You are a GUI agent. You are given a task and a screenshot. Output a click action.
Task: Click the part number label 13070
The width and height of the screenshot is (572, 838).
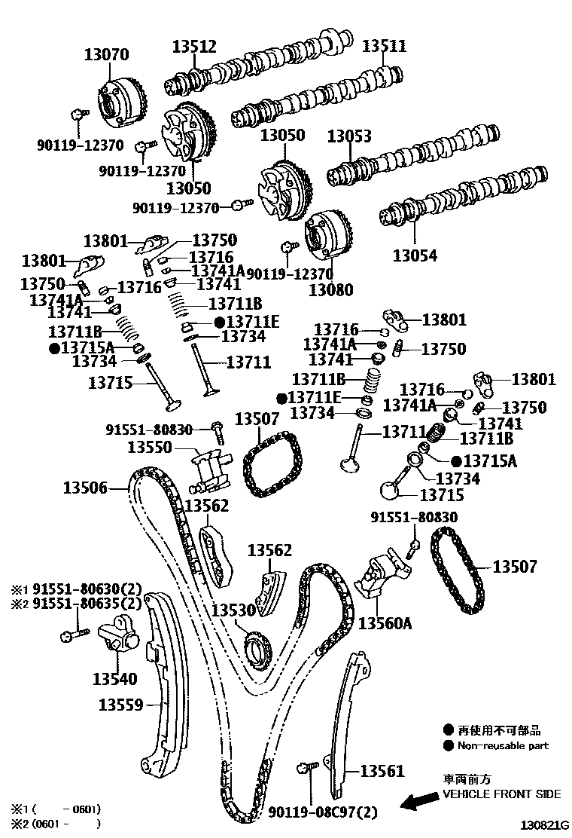tap(106, 54)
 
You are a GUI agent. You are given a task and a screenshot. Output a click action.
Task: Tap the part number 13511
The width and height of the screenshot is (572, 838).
tap(384, 46)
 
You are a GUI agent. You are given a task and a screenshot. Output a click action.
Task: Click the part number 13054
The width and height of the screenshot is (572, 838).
tap(414, 255)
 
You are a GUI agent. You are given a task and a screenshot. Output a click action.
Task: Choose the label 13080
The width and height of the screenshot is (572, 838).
tap(331, 289)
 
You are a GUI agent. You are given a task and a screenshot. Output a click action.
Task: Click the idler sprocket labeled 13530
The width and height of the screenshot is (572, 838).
tap(258, 650)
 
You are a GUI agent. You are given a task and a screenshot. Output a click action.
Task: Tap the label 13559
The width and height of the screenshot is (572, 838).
tap(120, 705)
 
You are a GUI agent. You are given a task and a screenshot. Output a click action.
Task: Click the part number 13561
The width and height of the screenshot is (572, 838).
tap(382, 771)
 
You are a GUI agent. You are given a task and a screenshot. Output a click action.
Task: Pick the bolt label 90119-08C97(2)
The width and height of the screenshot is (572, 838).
tap(323, 812)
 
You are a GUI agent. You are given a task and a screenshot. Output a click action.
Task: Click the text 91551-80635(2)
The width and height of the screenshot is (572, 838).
tap(87, 602)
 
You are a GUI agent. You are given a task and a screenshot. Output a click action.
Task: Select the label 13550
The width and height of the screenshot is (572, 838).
tap(150, 447)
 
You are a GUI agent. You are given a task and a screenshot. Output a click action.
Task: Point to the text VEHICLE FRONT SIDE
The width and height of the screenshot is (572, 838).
tap(501, 794)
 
